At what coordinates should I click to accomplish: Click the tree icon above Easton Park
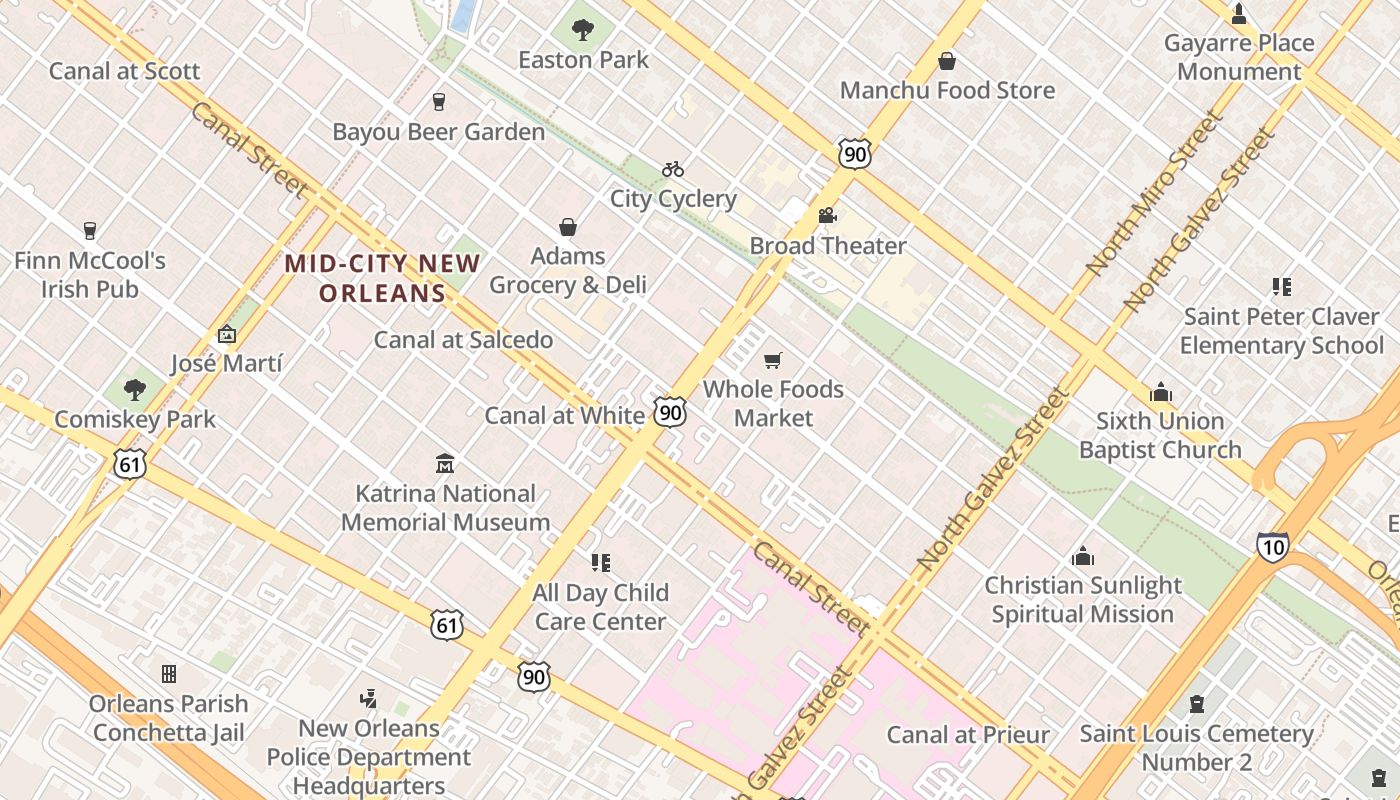click(x=583, y=30)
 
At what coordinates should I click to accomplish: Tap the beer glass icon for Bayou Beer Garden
click(x=438, y=101)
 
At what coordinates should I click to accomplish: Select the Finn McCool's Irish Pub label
click(x=90, y=275)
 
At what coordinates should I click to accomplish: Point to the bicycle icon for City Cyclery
click(x=673, y=169)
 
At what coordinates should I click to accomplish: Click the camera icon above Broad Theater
click(x=827, y=216)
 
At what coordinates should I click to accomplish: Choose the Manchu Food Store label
click(x=947, y=90)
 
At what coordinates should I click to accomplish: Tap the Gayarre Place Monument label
click(x=1239, y=57)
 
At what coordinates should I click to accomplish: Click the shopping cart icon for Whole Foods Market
click(x=772, y=360)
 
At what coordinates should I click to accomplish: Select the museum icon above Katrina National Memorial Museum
click(x=445, y=464)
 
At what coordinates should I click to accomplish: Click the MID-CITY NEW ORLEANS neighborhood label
click(x=383, y=278)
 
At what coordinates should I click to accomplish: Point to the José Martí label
click(x=226, y=363)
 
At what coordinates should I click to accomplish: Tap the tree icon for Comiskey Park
click(x=134, y=390)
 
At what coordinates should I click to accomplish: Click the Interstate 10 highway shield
click(x=1272, y=546)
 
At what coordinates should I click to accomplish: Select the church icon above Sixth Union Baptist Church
click(x=1160, y=392)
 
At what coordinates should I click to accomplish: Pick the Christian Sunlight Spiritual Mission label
click(x=1083, y=599)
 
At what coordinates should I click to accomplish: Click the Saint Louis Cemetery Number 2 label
click(x=1196, y=748)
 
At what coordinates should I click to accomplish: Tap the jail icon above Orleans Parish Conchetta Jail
click(x=169, y=674)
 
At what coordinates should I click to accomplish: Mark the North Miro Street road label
click(x=1155, y=194)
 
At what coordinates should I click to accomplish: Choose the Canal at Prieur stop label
click(x=968, y=735)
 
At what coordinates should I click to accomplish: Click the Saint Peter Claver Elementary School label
click(x=1281, y=331)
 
